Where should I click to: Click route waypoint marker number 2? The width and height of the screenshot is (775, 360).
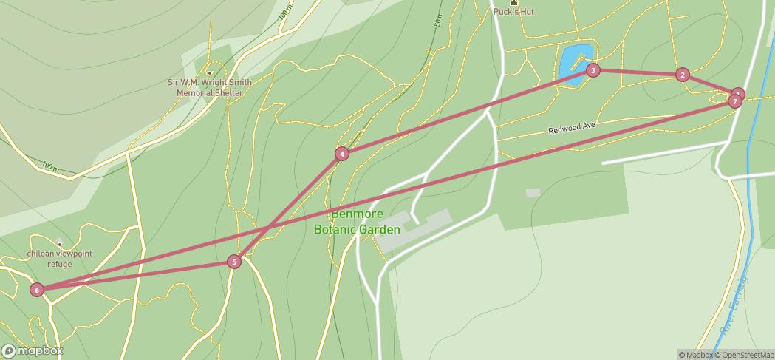point(683,75)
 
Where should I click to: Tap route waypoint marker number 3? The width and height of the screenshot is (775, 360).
point(593,70)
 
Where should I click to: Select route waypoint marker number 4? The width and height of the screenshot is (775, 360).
point(341,154)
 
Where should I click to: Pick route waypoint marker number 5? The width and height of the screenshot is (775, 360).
point(234,262)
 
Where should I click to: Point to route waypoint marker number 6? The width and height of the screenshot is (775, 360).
point(37,290)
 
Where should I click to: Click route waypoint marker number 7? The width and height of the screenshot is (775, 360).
point(734,101)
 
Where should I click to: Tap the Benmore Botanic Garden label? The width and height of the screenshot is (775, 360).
point(357,222)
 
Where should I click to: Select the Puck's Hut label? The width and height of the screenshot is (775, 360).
point(513,12)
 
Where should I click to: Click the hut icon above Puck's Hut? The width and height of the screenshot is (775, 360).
point(513,2)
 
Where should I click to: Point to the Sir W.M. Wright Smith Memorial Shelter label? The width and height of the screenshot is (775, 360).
point(209,88)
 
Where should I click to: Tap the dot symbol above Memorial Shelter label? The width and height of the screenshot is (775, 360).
point(210,72)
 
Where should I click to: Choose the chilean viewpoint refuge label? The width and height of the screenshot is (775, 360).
point(60,259)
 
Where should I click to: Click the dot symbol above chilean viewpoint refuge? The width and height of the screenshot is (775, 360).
point(59,244)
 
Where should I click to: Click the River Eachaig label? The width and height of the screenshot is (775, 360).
point(734,307)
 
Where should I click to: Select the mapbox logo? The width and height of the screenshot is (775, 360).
point(33,351)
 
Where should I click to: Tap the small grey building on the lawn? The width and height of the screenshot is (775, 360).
point(533,193)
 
